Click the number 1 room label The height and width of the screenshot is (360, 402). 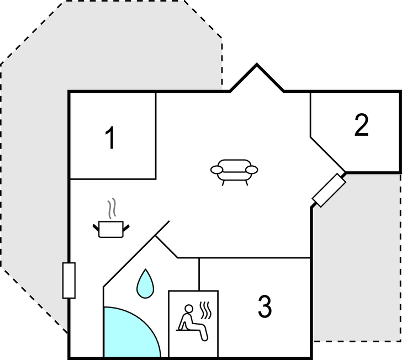110,137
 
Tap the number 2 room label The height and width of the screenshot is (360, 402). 362,125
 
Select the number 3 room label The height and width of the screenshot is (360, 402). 265,306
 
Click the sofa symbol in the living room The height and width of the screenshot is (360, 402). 234,172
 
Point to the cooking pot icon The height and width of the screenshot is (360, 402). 111,229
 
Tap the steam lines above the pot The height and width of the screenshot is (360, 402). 112,208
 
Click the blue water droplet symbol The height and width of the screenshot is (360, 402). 145,284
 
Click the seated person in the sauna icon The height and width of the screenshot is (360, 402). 193,323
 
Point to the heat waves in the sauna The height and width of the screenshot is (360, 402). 206,310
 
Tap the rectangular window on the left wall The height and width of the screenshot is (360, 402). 69,280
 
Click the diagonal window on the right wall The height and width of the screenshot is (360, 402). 329,190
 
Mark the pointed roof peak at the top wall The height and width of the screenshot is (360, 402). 257,64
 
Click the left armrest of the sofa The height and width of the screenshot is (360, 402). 217,170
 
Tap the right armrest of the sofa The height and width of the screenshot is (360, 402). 251,170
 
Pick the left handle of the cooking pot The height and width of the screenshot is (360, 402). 96,227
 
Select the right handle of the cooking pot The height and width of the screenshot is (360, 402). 126,227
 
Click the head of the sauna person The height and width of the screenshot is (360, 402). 189,309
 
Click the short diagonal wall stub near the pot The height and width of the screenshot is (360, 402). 162,228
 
